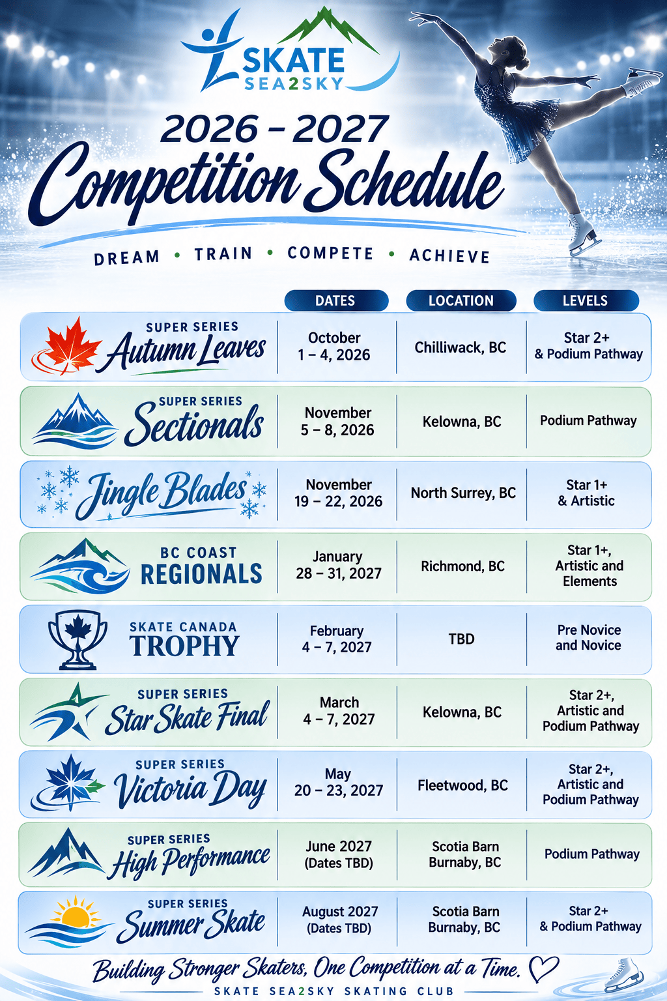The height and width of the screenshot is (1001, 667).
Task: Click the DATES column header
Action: pos(336,300)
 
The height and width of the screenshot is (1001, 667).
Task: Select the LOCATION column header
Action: pos(461,300)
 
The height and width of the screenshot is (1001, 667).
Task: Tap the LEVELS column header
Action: pos(586,300)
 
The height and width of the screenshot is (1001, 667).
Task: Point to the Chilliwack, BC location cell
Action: pos(460,347)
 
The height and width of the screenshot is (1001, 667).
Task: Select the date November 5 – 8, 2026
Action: pos(338,421)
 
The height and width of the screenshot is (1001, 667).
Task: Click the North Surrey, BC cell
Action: pos(463,493)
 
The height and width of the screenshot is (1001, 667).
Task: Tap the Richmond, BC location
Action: pos(462,566)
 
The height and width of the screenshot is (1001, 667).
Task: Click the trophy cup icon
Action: pos(78,639)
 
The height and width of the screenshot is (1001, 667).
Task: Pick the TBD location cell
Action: pos(462,639)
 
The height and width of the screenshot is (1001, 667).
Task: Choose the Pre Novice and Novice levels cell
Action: pos(588,637)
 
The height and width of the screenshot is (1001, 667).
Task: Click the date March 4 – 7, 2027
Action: pos(339,710)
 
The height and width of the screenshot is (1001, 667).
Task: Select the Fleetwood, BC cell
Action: pos(463,785)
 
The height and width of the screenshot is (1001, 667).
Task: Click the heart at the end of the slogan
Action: pos(543,968)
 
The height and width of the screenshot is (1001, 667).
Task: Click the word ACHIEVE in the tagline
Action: pos(449,255)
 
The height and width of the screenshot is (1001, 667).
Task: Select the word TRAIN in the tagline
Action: pos(223,254)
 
